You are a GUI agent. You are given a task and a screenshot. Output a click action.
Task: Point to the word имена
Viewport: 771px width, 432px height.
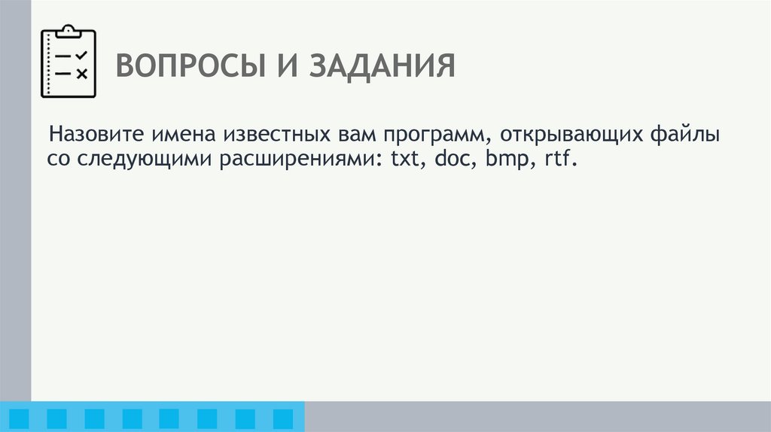181,136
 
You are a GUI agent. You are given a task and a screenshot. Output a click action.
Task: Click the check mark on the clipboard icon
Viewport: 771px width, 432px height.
82,56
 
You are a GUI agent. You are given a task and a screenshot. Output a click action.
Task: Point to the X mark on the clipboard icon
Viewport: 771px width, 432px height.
82,73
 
